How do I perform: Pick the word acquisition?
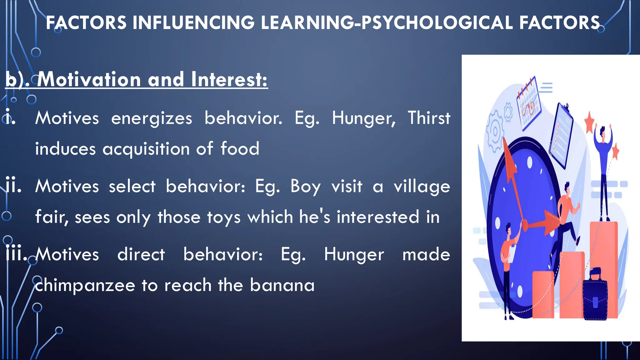point(146,149)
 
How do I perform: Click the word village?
point(422,187)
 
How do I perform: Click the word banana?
point(282,285)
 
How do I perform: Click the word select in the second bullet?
point(132,187)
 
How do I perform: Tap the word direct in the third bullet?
point(141,254)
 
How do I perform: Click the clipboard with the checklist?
point(561,134)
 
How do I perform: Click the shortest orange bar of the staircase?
point(543,294)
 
